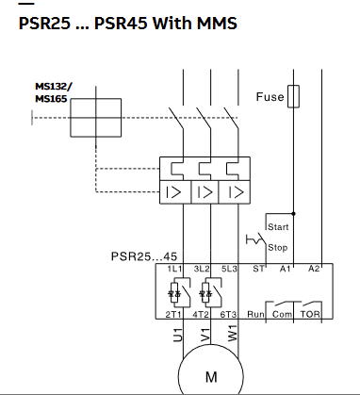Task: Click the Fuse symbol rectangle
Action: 293,96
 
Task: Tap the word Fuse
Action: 270,97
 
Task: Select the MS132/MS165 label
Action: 54,92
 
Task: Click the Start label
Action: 278,227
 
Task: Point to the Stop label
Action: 278,248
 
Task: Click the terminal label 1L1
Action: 174,269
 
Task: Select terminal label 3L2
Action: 202,269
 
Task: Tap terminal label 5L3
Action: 229,269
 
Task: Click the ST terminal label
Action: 258,269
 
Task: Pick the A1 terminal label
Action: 286,269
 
